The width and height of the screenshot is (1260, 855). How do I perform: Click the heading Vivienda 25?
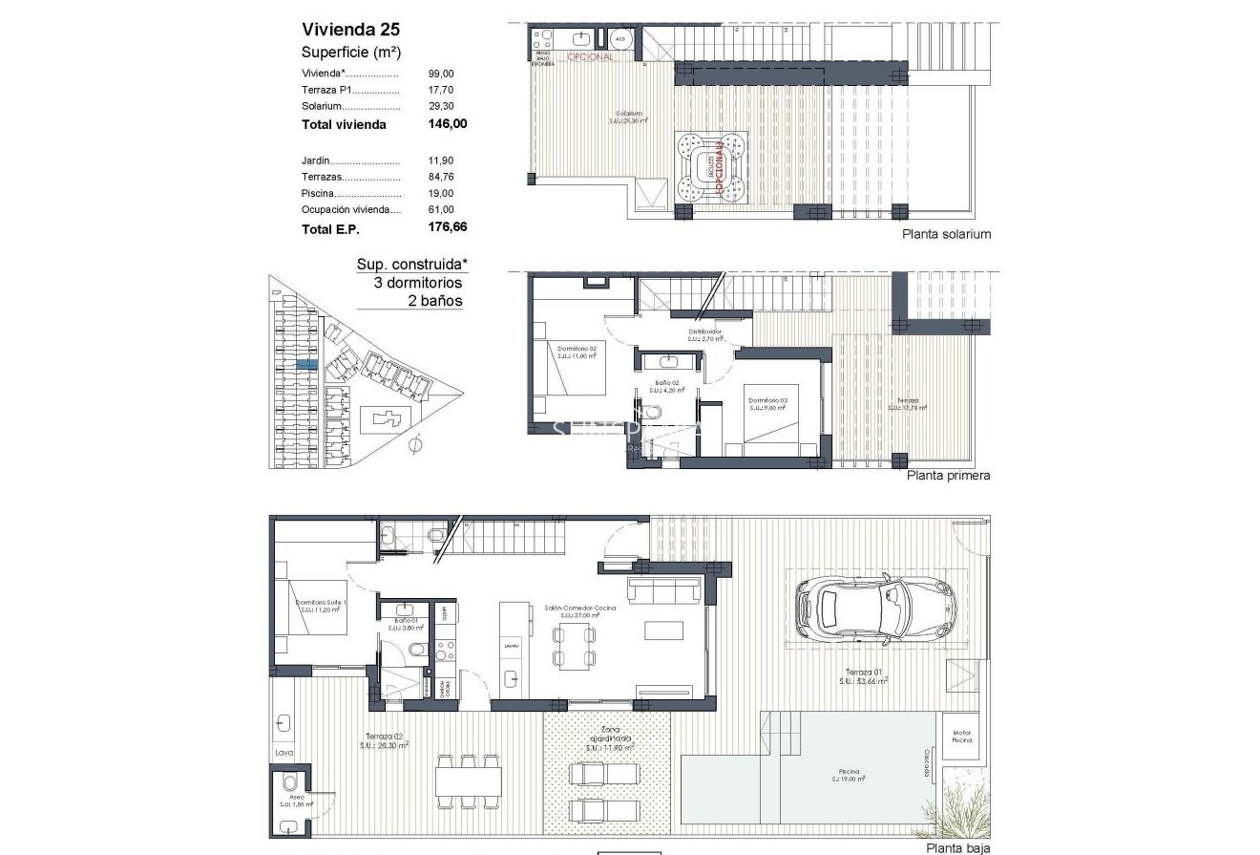pyautogui.click(x=350, y=29)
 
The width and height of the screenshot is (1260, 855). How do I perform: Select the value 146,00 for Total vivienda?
pyautogui.click(x=448, y=124)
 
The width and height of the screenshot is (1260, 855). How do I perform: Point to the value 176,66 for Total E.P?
pyautogui.click(x=448, y=228)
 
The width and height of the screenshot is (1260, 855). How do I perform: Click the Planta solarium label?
pyautogui.click(x=946, y=234)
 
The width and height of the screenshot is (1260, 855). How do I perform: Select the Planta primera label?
pyautogui.click(x=947, y=475)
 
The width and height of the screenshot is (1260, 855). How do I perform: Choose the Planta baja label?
pyautogui.click(x=957, y=847)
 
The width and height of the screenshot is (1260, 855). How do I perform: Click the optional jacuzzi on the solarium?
pyautogui.click(x=709, y=168)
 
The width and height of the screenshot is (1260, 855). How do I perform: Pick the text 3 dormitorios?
pyautogui.click(x=418, y=283)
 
